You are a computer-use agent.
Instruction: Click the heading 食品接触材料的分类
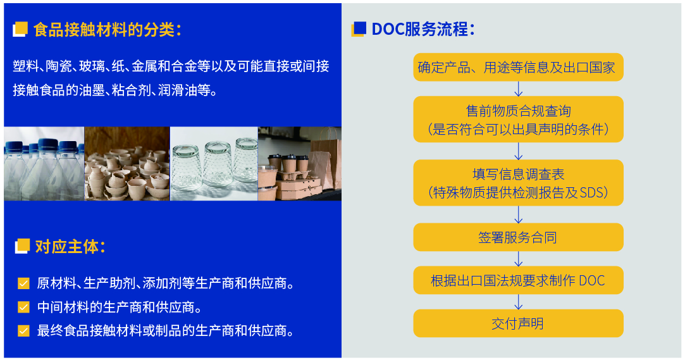[x=107, y=29]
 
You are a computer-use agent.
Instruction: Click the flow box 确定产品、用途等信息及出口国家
[x=518, y=67]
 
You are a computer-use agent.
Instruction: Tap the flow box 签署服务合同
[x=518, y=237]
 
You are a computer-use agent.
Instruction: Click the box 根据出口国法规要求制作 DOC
[x=518, y=280]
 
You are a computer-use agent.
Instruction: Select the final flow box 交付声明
[x=518, y=323]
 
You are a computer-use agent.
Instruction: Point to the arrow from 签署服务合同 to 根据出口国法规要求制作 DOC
[x=519, y=259]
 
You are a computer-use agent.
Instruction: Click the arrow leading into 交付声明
[x=519, y=302]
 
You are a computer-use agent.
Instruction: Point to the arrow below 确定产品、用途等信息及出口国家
[x=519, y=88]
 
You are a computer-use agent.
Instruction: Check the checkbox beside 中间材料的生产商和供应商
[x=23, y=307]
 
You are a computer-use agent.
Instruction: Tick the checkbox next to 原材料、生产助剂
[x=23, y=283]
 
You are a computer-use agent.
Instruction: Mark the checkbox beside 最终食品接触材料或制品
[x=23, y=330]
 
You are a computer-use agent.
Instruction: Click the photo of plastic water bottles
[x=44, y=163]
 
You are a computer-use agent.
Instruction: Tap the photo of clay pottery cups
[x=127, y=163]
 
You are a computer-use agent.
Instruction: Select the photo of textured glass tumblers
[x=213, y=163]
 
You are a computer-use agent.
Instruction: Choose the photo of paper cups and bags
[x=299, y=163]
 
